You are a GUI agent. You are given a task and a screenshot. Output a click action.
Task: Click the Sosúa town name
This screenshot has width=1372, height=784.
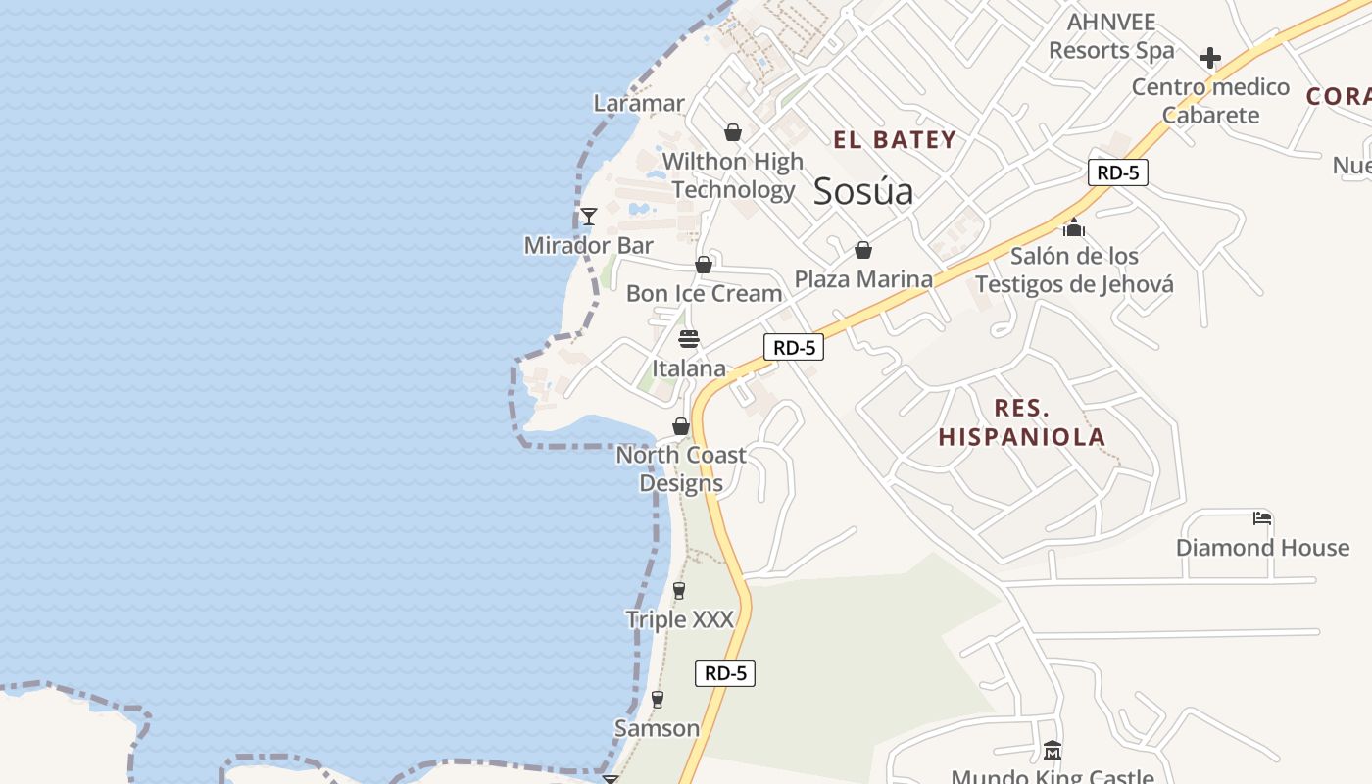pyautogui.click(x=863, y=191)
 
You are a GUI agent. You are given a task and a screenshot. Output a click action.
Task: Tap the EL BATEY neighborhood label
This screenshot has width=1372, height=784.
pyautogui.click(x=895, y=140)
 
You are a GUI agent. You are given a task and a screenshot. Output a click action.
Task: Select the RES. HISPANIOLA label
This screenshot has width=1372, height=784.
pyautogui.click(x=1022, y=422)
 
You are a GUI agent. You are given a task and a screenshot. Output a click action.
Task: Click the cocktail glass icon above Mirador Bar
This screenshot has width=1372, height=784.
pyautogui.click(x=588, y=216)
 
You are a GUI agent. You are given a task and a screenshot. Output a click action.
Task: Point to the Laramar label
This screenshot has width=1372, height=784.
pyautogui.click(x=639, y=103)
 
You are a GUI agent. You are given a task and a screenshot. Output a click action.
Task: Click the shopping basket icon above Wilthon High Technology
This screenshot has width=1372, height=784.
pyautogui.click(x=733, y=132)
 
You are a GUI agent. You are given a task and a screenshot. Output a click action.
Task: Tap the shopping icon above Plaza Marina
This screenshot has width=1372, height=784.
pyautogui.click(x=863, y=250)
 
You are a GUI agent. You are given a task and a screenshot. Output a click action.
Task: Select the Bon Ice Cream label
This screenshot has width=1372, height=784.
pyautogui.click(x=704, y=293)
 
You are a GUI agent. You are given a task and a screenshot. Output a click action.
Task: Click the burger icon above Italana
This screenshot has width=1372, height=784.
pyautogui.click(x=689, y=340)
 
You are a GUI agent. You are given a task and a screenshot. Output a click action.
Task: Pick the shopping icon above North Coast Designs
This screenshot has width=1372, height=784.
pyautogui.click(x=681, y=426)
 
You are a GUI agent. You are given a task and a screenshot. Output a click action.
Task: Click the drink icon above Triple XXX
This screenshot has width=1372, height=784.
pyautogui.click(x=679, y=590)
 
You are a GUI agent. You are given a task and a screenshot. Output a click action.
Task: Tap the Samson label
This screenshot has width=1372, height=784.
pyautogui.click(x=657, y=728)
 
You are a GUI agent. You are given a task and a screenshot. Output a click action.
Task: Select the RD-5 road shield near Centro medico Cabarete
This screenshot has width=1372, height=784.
pyautogui.click(x=1117, y=172)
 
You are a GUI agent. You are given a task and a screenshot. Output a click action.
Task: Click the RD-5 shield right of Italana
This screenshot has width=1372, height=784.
pyautogui.click(x=793, y=347)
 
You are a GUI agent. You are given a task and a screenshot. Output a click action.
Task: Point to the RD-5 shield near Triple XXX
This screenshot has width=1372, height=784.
pyautogui.click(x=726, y=673)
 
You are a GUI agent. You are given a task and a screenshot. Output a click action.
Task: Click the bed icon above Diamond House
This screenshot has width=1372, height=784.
pyautogui.click(x=1262, y=517)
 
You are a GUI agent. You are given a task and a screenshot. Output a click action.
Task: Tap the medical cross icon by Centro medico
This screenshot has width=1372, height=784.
pyautogui.click(x=1210, y=58)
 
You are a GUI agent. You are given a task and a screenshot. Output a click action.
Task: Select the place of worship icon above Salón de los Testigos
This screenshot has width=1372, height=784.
pyautogui.click(x=1074, y=227)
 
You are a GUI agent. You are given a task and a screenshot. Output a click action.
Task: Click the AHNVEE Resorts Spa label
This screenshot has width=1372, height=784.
pyautogui.click(x=1111, y=36)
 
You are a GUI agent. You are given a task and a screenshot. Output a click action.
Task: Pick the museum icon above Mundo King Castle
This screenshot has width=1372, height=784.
pyautogui.click(x=1053, y=751)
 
